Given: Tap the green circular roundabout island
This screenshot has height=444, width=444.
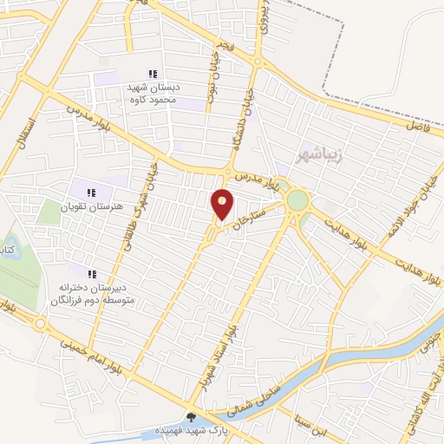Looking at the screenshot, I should (297, 200).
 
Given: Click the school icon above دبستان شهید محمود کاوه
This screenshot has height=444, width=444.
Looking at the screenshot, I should (153, 75).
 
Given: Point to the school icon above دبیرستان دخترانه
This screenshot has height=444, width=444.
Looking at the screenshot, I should (92, 274).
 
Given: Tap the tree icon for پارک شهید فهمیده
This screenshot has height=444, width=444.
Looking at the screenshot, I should (192, 417).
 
